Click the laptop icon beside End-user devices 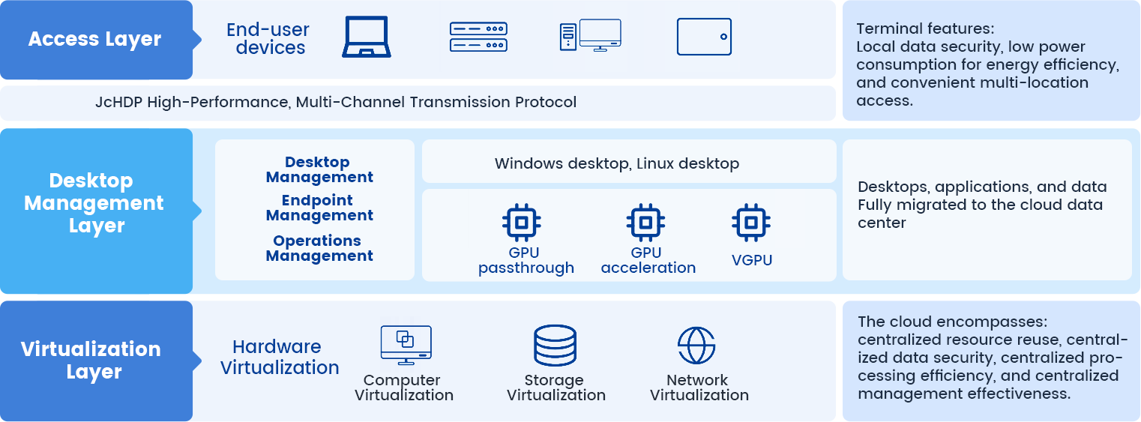pyautogui.click(x=367, y=37)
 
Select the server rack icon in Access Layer pyautogui.click(x=478, y=37)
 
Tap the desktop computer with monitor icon pyautogui.click(x=590, y=35)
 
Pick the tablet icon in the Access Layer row pyautogui.click(x=704, y=37)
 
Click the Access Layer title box pyautogui.click(x=95, y=40)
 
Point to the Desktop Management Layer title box pyautogui.click(x=95, y=203)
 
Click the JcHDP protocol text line pyautogui.click(x=336, y=102)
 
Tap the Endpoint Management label pyautogui.click(x=319, y=208)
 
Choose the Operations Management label pyautogui.click(x=319, y=248)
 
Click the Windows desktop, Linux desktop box pyautogui.click(x=628, y=163)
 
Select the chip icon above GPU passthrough pyautogui.click(x=522, y=222)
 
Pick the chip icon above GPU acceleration pyautogui.click(x=646, y=222)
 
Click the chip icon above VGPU pyautogui.click(x=751, y=222)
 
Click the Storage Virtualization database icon pyautogui.click(x=555, y=346)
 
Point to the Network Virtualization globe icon pyautogui.click(x=696, y=346)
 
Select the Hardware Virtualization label pyautogui.click(x=280, y=357)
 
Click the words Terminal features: pyautogui.click(x=925, y=29)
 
